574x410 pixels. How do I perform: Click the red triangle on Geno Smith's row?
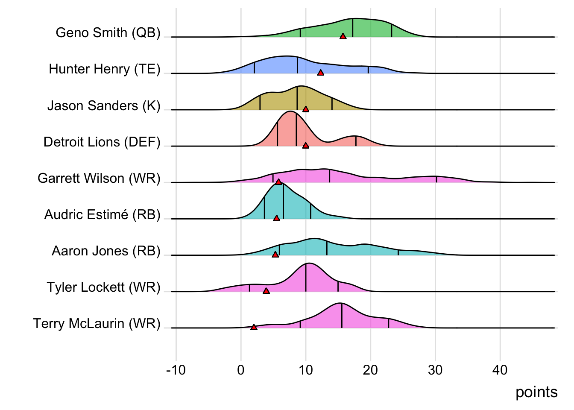tap(343, 37)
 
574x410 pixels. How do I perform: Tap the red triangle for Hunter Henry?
tap(321, 73)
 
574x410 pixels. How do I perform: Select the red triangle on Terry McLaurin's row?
tap(254, 328)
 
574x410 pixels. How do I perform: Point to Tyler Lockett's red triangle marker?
tap(266, 291)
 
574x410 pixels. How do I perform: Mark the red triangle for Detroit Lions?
tap(306, 146)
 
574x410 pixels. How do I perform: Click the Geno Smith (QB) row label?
tap(108, 33)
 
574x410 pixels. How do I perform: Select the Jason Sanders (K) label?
tap(104, 105)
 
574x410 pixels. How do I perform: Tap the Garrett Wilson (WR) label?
tap(99, 178)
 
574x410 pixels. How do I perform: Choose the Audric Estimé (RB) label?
tap(102, 214)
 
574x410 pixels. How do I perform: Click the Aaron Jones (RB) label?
tap(106, 251)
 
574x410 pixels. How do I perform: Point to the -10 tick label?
tap(176, 370)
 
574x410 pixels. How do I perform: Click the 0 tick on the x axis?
tap(241, 370)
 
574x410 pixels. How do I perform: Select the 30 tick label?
tap(435, 370)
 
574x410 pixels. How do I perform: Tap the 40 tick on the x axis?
tap(500, 370)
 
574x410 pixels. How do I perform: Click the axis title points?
tap(536, 392)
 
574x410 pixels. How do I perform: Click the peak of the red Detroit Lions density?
tap(290, 111)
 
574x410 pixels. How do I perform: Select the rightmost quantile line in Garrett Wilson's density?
tap(436, 179)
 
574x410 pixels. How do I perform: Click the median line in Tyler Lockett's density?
tap(306, 278)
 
